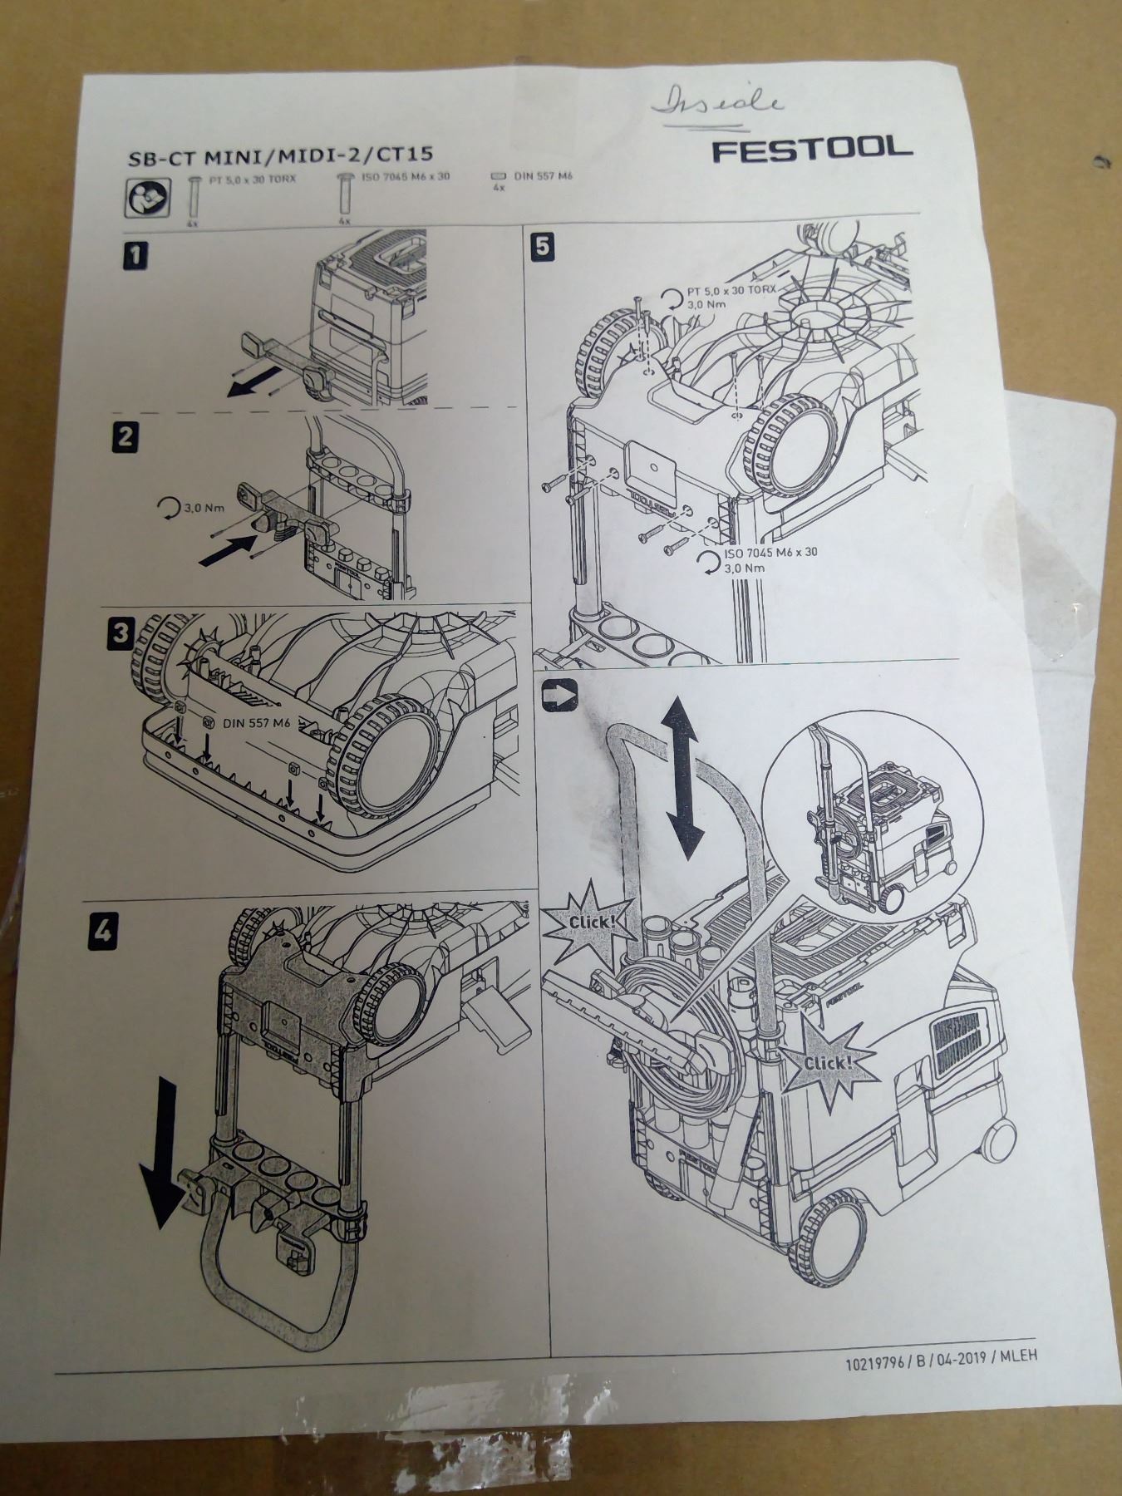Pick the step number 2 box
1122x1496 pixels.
coord(125,436)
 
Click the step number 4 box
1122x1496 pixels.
coord(102,932)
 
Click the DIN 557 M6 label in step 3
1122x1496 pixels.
coord(257,724)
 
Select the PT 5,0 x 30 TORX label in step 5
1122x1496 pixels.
coord(731,292)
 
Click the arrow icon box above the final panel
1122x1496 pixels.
coord(556,695)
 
